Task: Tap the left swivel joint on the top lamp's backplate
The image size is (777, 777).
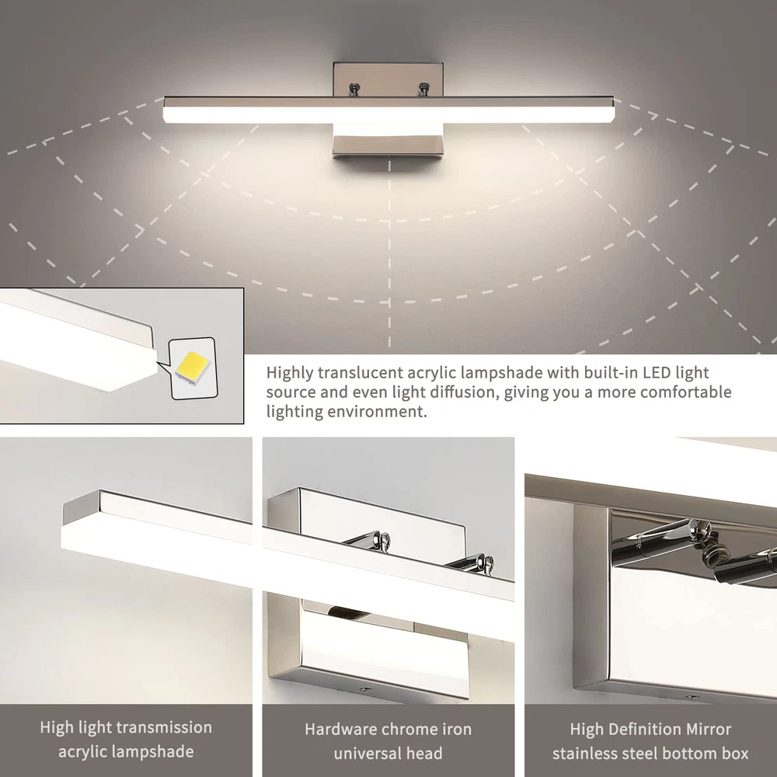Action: point(354,89)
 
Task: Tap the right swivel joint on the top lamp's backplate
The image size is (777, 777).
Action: point(423,89)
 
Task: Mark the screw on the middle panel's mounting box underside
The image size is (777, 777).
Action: point(365,689)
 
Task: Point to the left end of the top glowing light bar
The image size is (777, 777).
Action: point(165,115)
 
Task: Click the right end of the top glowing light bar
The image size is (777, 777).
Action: point(613,115)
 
